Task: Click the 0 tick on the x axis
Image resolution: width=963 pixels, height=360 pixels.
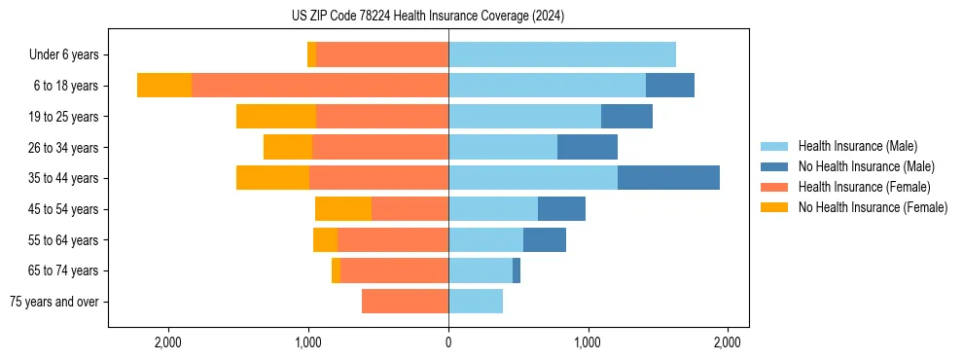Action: pyautogui.click(x=448, y=342)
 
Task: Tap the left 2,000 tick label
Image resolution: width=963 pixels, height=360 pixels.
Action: pyautogui.click(x=168, y=342)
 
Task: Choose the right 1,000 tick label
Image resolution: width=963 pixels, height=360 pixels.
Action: pyautogui.click(x=588, y=342)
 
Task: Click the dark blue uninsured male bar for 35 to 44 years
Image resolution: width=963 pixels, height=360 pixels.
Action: pyautogui.click(x=668, y=178)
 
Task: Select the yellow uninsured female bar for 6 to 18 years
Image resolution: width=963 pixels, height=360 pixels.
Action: pyautogui.click(x=164, y=86)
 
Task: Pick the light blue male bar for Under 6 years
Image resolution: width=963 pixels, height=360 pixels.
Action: pyautogui.click(x=562, y=55)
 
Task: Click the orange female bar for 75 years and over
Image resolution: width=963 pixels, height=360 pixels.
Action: pyautogui.click(x=405, y=302)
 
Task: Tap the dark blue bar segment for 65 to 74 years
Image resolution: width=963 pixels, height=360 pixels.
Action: pyautogui.click(x=517, y=270)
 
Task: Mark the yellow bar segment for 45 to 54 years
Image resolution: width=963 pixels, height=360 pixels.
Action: pyautogui.click(x=343, y=209)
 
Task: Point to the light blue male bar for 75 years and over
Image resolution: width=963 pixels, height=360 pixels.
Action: pyautogui.click(x=476, y=302)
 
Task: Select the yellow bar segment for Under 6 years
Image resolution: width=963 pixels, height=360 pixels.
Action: pyautogui.click(x=311, y=55)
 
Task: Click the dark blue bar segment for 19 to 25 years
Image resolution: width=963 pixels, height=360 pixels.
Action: pyautogui.click(x=626, y=117)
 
